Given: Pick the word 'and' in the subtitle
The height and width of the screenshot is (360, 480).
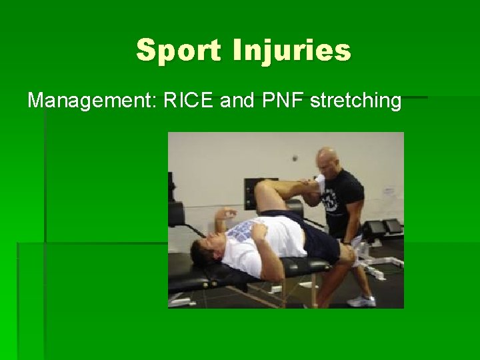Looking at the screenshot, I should pos(234,101).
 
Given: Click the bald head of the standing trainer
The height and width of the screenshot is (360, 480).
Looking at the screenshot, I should pos(327,160).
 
